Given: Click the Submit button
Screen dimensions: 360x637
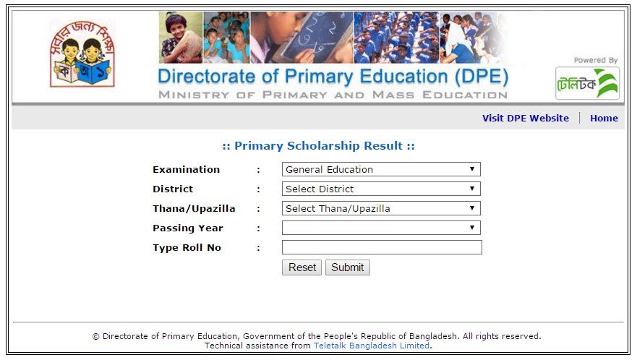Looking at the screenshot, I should (347, 267).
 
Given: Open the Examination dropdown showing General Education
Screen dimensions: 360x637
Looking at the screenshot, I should (380, 169).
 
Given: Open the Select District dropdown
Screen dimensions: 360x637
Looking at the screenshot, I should (380, 189).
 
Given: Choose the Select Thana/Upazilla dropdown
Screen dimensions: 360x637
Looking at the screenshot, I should (380, 208).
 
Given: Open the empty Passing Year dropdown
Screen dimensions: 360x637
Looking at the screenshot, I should (380, 228).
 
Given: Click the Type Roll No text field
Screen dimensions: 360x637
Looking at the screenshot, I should (382, 247).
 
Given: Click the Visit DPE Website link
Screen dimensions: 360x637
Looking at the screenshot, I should (525, 118).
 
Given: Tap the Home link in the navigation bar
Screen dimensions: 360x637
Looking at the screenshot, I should (604, 118).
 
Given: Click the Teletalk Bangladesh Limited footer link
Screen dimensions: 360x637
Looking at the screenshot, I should (372, 346).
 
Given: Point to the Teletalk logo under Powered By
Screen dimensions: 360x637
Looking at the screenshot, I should (587, 83).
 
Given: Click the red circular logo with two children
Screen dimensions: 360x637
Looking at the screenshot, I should (81, 53).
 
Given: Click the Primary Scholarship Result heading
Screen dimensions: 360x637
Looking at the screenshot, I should (318, 146).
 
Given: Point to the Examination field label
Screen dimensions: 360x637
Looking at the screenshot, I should (186, 169).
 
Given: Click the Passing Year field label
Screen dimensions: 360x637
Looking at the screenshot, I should (187, 228).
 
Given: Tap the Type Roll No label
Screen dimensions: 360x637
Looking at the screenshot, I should (187, 247).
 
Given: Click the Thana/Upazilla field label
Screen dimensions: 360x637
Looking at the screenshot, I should (194, 208).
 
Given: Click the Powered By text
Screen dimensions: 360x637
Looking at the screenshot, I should (596, 61).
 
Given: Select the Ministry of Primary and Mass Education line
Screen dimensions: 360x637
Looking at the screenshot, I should (333, 95).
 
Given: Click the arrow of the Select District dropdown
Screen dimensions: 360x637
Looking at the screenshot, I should (471, 189).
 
